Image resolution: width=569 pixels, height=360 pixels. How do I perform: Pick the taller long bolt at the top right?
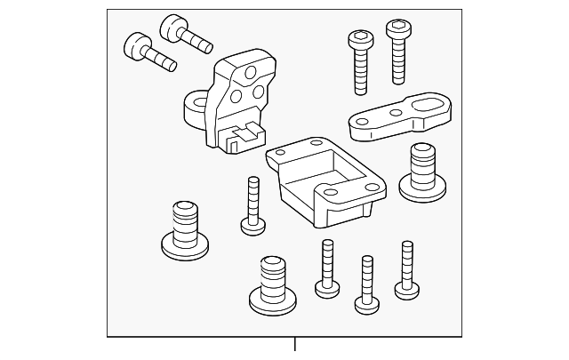(397, 53)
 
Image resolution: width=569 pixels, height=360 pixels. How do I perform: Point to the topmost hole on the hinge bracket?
(251, 74)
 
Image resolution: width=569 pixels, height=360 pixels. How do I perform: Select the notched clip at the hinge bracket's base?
(239, 136)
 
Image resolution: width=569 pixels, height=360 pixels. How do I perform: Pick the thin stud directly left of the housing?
(252, 204)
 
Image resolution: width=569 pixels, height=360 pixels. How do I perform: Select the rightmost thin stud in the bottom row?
(407, 267)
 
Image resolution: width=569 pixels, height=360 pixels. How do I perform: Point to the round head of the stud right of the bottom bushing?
(326, 286)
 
